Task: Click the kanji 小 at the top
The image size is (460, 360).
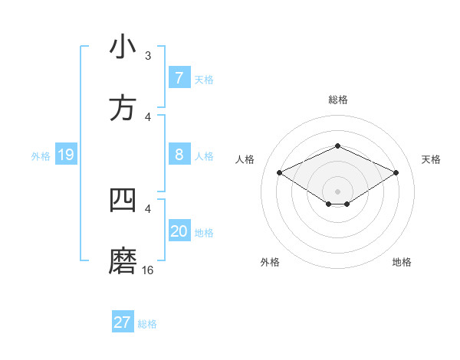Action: [123, 47]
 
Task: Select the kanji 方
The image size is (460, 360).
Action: [123, 108]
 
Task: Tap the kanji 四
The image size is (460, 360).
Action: [123, 200]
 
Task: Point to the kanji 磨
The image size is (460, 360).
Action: [123, 260]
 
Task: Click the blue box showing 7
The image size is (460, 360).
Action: [179, 78]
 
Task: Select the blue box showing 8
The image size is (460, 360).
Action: [179, 155]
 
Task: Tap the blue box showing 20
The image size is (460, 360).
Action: [179, 231]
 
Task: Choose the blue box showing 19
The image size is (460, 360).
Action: [65, 155]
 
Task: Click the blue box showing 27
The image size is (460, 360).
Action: [123, 322]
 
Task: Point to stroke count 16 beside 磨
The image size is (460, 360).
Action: [148, 270]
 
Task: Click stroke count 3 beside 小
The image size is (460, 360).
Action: [147, 55]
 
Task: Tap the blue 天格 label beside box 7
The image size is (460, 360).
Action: [204, 79]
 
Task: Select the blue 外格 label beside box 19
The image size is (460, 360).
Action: [41, 156]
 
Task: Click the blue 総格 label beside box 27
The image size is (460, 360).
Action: [147, 324]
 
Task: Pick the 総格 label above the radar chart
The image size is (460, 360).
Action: [337, 100]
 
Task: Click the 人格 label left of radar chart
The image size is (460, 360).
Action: [245, 159]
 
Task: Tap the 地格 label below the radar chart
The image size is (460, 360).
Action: [402, 262]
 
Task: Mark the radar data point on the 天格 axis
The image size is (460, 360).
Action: [396, 172]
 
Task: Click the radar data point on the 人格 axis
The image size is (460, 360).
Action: [279, 172]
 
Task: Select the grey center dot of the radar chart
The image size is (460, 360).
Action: [337, 191]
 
